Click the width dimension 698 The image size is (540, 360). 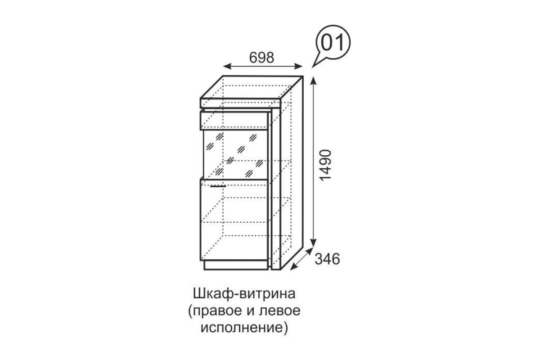(x=261, y=58)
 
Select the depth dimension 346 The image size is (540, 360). (x=327, y=259)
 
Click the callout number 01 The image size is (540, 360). (x=333, y=43)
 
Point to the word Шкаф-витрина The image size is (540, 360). (x=244, y=294)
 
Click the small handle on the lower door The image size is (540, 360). (x=218, y=186)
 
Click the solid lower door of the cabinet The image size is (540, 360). (x=234, y=220)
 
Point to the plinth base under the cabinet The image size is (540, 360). (x=235, y=265)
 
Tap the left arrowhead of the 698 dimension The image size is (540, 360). (x=227, y=66)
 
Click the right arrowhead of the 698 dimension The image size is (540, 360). (x=299, y=66)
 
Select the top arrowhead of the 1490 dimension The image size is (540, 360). (x=313, y=81)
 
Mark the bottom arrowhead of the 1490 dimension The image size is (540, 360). (x=313, y=243)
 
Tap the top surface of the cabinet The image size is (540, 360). (x=252, y=87)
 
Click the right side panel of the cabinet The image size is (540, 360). (x=292, y=173)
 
